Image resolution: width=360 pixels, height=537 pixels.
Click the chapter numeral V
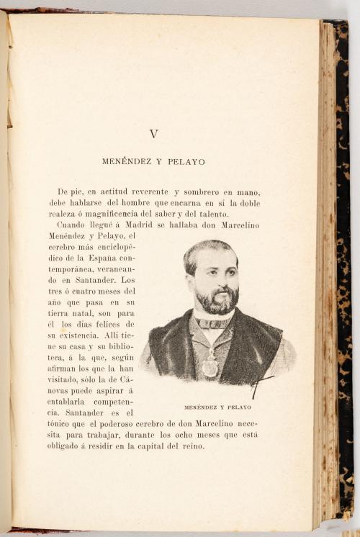[153, 134]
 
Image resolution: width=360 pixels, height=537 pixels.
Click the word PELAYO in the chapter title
[186, 162]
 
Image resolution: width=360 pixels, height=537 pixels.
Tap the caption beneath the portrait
[217, 407]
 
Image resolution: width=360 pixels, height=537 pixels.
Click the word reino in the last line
[193, 446]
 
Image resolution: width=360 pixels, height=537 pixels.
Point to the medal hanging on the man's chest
[210, 368]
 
